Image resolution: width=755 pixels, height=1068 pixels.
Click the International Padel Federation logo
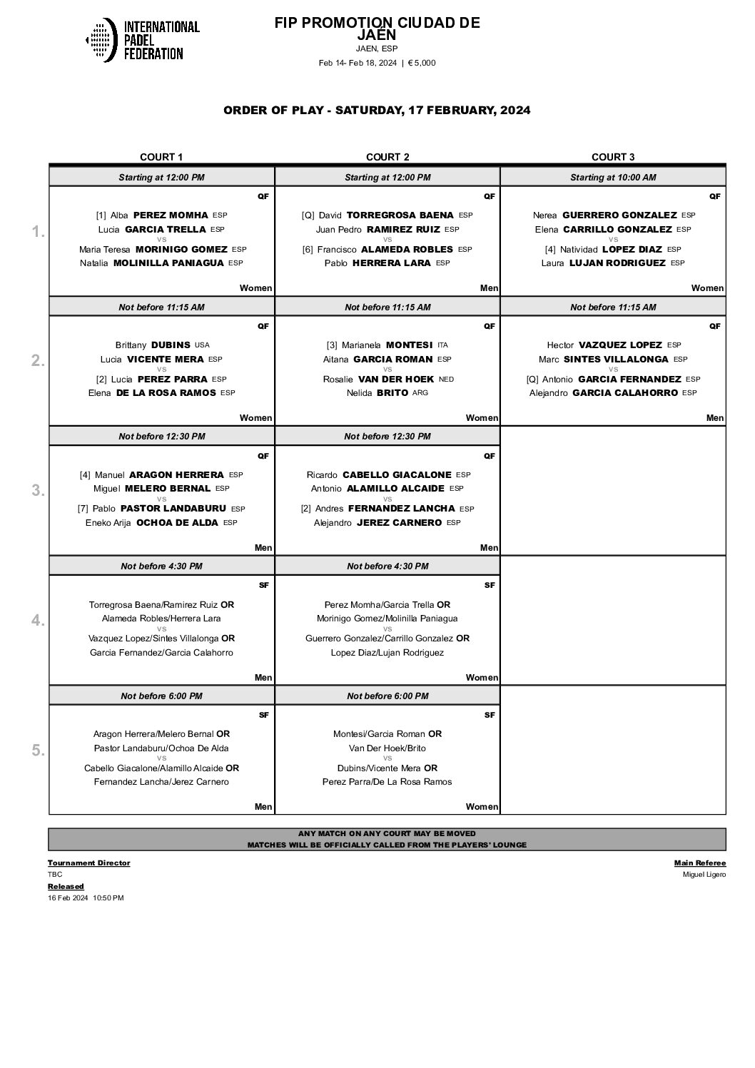click(142, 40)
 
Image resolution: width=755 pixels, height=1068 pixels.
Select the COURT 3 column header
click(613, 157)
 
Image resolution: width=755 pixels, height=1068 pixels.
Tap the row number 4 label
click(38, 621)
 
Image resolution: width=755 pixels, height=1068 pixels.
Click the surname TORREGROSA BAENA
click(400, 215)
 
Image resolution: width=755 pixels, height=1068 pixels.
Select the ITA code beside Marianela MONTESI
click(442, 345)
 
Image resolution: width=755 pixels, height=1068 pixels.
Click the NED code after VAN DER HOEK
click(446, 379)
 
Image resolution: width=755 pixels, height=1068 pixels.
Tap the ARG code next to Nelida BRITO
click(420, 392)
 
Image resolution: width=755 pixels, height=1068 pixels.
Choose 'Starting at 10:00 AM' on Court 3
click(613, 177)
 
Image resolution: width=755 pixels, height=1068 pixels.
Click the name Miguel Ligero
click(704, 875)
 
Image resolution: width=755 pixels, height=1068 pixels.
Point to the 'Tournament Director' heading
click(88, 863)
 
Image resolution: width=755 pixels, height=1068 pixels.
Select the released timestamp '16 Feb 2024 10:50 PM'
click(86, 897)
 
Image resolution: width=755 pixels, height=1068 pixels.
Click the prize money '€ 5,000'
click(421, 63)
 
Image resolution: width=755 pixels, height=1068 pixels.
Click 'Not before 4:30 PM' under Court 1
click(161, 566)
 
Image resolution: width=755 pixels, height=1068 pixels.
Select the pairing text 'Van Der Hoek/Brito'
click(387, 748)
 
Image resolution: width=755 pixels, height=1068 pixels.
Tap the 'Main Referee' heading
click(699, 863)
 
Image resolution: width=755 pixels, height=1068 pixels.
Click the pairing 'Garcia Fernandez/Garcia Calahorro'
click(161, 652)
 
